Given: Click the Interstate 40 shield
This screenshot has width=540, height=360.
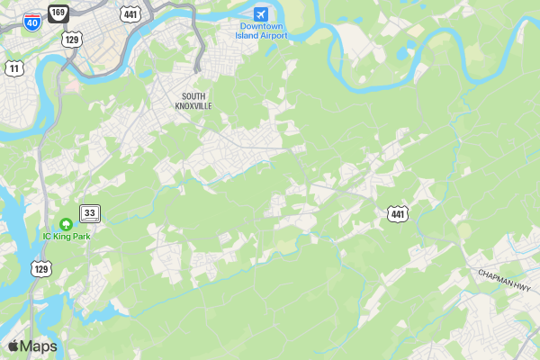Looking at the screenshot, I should point(31,22).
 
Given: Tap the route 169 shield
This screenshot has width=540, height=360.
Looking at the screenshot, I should point(58,13).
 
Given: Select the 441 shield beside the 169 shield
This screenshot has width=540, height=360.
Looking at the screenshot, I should point(130,14).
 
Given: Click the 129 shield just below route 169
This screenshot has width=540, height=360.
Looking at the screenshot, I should point(72,39).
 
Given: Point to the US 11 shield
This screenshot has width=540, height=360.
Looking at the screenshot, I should point(13,68).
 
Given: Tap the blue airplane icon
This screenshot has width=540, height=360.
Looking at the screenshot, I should point(260,14).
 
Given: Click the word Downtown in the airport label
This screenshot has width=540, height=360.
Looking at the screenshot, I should point(260,27).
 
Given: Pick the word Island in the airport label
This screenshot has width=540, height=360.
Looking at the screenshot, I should point(247,36).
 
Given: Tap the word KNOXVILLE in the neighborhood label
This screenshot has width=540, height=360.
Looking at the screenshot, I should point(193,105).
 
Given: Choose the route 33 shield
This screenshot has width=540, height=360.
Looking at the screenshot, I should point(90,213).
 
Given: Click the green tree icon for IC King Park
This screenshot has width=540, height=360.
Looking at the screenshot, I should point(66,224).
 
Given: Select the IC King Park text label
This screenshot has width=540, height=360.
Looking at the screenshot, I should point(67,237).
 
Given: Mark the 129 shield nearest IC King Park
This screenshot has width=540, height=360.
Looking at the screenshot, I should point(40,268).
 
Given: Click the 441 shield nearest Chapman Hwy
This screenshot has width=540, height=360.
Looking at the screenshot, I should point(399,213).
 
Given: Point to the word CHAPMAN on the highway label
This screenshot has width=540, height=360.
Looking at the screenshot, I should point(495,275).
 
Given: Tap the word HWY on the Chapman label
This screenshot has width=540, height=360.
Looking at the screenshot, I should point(524,284).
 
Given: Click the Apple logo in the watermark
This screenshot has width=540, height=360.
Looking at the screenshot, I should point(13,346).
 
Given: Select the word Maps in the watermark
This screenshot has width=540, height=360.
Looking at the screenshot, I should point(39,346).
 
